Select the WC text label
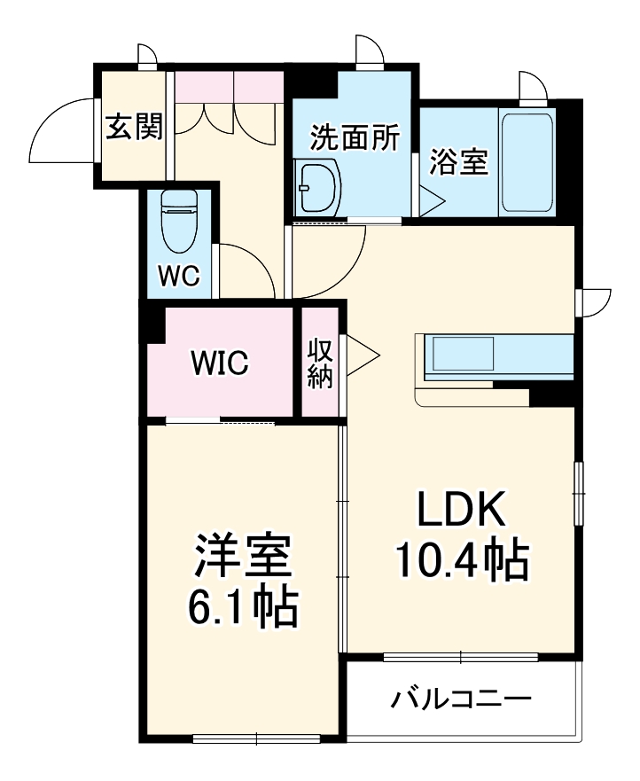(178, 276)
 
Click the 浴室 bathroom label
(459, 162)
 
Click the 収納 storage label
(319, 363)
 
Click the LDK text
(461, 511)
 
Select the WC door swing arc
(241, 266)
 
